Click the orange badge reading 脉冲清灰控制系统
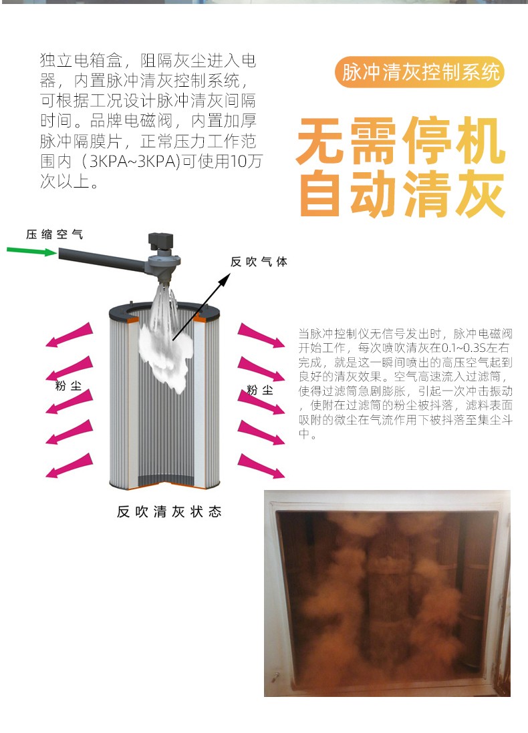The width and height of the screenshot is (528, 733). (420, 72)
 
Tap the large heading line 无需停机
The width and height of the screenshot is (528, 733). (401, 141)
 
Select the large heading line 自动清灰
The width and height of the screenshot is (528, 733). (401, 194)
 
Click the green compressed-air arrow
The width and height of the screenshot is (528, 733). (31, 252)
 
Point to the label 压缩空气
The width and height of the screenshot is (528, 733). (54, 234)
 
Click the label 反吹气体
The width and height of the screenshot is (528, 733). (259, 262)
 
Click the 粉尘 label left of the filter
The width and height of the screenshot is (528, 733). (68, 386)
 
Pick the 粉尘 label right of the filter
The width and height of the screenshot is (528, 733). (260, 390)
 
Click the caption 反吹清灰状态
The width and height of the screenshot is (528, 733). (169, 512)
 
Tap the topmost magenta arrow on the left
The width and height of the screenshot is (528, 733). (70, 334)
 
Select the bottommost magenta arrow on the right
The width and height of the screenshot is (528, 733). (261, 465)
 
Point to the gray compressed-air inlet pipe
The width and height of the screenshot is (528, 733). (102, 260)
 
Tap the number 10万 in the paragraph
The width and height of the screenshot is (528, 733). (246, 162)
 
